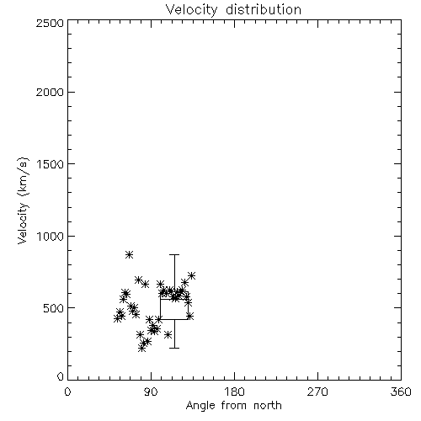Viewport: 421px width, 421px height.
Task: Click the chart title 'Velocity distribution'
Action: (x=233, y=10)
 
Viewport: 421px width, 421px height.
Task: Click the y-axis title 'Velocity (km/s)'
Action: (x=23, y=200)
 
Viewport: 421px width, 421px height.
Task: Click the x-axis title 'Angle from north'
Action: (x=233, y=405)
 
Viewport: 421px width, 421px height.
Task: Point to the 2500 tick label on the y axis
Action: (x=50, y=23)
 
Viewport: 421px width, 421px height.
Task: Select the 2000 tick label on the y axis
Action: (x=50, y=92)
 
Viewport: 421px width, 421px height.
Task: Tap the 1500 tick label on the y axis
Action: (x=51, y=164)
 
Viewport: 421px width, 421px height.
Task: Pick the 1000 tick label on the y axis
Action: (x=51, y=236)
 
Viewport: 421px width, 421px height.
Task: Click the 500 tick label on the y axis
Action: (x=54, y=308)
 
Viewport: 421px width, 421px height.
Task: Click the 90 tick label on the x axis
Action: (x=151, y=392)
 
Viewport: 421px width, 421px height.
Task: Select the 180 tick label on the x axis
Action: (x=234, y=392)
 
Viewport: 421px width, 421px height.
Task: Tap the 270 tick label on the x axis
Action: (x=317, y=392)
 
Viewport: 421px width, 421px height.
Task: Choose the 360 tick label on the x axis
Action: (x=401, y=392)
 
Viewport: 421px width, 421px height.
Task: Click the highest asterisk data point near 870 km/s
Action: (x=129, y=255)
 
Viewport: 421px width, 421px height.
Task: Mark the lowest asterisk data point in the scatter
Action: (x=141, y=349)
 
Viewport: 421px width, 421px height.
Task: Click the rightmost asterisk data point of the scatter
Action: (x=191, y=275)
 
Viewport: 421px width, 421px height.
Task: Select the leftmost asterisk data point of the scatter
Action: (x=118, y=318)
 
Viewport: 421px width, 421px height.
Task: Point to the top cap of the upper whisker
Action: (x=174, y=254)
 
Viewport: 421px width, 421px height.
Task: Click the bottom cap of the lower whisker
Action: (x=174, y=348)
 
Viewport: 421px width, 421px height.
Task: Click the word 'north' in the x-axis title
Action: (x=267, y=405)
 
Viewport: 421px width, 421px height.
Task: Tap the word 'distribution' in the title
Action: (x=264, y=10)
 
